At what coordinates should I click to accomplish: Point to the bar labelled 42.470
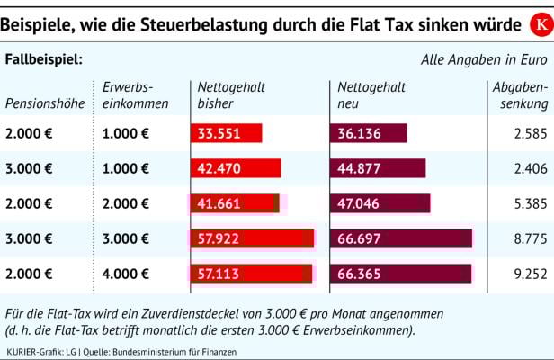236,168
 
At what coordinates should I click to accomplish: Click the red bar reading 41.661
235,203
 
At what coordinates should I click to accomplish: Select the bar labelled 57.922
252,238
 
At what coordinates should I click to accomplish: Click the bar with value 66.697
401,238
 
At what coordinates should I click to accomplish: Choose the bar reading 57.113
251,273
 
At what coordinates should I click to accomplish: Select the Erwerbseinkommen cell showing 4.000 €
126,274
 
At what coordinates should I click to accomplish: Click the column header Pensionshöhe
45,103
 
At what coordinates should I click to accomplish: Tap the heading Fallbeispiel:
44,59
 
